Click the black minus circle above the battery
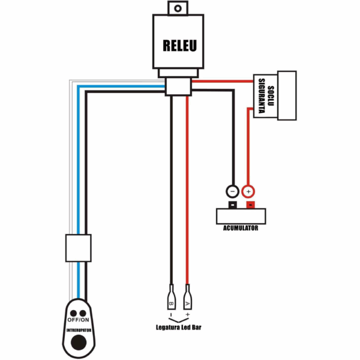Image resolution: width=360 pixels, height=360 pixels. (x=232, y=191)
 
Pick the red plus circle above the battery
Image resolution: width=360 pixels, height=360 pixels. (x=248, y=191)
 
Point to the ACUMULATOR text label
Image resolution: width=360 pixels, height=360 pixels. (x=240, y=229)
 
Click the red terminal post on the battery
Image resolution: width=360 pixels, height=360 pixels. (x=249, y=206)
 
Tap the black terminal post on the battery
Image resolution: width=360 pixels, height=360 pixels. (x=232, y=206)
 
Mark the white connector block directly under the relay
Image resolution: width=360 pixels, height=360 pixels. (x=179, y=87)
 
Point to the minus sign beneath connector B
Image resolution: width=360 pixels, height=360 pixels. (x=170, y=313)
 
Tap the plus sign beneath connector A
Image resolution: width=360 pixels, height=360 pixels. (x=188, y=313)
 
